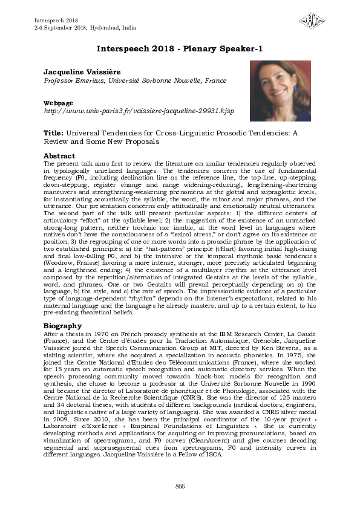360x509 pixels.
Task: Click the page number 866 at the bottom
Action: tap(180, 487)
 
